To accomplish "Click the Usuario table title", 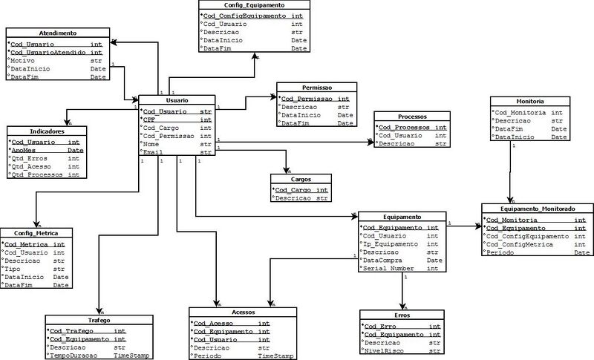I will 177,100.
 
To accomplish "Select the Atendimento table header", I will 59,33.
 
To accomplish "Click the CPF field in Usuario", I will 152,119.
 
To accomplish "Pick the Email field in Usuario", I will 154,153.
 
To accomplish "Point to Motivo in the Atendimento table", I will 25,61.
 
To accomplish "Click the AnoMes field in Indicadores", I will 25,150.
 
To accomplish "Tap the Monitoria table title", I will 529,100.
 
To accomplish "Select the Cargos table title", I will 301,179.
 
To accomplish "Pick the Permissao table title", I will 317,88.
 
